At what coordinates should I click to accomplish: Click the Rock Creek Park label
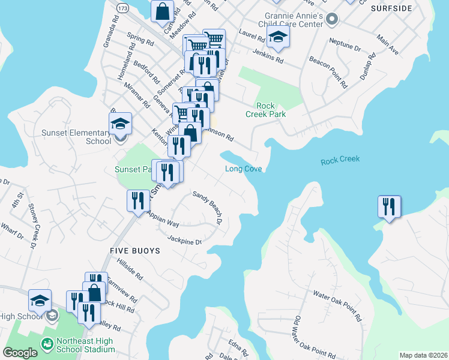click(x=265, y=109)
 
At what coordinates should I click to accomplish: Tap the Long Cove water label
click(x=243, y=169)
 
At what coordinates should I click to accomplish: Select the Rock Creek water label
click(x=340, y=160)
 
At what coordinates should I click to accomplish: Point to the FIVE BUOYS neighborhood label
click(x=135, y=251)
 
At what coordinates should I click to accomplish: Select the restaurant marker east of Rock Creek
click(x=389, y=207)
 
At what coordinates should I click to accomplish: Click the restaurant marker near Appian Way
click(x=138, y=200)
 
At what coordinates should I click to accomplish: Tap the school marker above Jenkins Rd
click(x=277, y=37)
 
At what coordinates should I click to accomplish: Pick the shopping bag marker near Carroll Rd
click(x=163, y=10)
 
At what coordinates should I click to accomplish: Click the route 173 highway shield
click(x=123, y=9)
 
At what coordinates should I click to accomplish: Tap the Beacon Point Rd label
click(x=328, y=72)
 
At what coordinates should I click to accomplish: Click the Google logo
click(x=20, y=353)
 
